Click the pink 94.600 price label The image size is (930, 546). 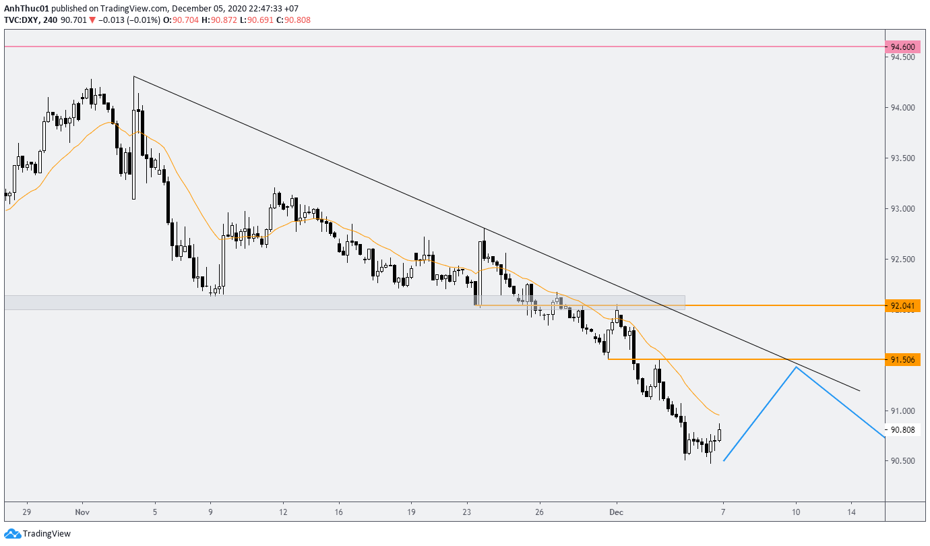coord(902,47)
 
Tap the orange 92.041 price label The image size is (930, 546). coord(902,306)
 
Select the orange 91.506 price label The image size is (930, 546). coord(902,360)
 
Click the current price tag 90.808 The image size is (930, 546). coord(902,430)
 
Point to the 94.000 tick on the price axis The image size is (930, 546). coord(902,108)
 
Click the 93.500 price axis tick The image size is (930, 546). coord(902,158)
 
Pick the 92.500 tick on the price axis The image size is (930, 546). coord(902,260)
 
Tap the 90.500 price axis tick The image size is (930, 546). coord(902,461)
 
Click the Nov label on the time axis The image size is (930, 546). coord(83,512)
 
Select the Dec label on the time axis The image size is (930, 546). coord(615,512)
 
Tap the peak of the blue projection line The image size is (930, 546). coord(797,367)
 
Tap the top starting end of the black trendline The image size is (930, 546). coord(134,76)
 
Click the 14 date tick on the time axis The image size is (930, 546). coord(852,512)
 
